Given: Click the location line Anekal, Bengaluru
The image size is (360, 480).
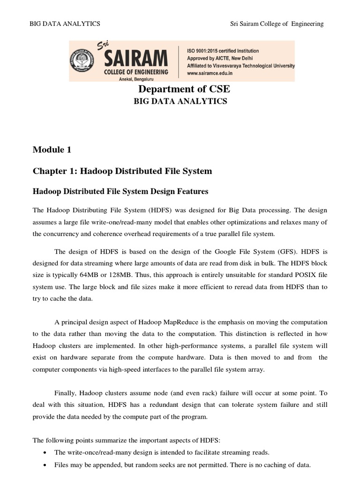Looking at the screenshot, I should (135, 80).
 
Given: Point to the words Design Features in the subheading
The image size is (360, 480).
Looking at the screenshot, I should (182, 191).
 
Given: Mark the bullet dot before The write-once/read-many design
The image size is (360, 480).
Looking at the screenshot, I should (44, 453).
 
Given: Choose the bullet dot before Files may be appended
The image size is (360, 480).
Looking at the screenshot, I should (44, 465).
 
